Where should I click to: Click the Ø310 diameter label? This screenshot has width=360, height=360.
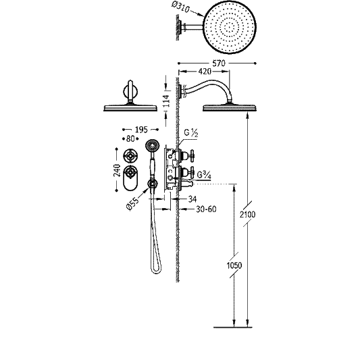coord(181,8)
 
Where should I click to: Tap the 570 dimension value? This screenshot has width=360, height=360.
coord(219,63)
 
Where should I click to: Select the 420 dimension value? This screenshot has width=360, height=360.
coord(205,72)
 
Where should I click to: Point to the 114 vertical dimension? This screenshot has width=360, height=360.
coord(166,101)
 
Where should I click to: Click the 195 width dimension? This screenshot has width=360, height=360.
coord(141,130)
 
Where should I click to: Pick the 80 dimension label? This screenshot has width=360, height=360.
coord(130,138)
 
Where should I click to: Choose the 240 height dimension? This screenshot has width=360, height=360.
coord(117,170)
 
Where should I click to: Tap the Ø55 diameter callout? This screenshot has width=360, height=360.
coord(133,203)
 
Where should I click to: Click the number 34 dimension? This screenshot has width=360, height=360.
coord(192,199)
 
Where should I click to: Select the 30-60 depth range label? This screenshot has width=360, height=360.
coord(206,209)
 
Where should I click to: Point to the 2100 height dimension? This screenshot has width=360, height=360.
coord(247,214)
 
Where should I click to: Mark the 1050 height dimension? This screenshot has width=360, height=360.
coord(234,265)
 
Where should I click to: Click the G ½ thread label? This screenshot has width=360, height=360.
coord(191,133)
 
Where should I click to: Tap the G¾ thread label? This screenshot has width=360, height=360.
coord(204,175)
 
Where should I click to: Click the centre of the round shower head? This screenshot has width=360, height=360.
coord(230,27)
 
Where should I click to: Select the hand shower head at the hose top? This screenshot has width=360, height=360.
coord(152,145)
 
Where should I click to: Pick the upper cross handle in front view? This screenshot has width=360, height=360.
coord(130,156)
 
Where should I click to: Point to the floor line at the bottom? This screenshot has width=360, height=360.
coord(233,327)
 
